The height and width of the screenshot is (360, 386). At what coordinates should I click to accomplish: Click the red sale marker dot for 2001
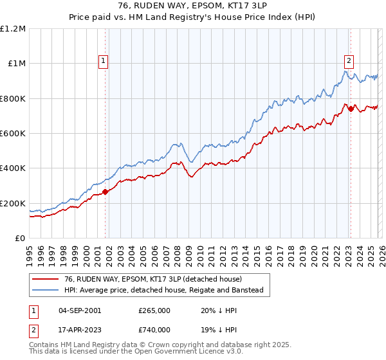point(105,192)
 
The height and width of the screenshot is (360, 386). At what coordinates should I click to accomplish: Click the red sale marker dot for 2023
point(351,109)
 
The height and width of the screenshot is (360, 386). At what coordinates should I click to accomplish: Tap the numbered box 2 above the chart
point(349,61)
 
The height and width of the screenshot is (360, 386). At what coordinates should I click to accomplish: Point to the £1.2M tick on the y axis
point(13,29)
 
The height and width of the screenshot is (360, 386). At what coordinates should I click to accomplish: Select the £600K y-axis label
point(13,134)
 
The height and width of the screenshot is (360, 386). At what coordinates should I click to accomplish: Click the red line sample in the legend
point(46,279)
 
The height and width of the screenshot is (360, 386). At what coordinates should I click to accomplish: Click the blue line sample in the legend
point(46,291)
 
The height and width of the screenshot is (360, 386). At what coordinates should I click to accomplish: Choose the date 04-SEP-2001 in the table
point(80,310)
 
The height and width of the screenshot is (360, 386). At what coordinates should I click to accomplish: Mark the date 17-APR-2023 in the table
point(80,329)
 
